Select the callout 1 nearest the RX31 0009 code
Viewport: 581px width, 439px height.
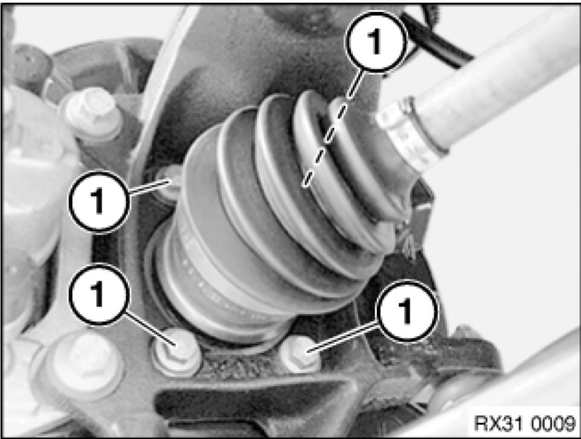point(406,310)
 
